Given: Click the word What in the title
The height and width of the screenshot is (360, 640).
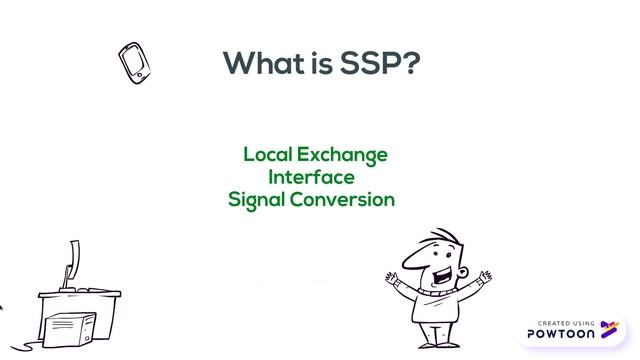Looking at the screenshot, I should (262, 62).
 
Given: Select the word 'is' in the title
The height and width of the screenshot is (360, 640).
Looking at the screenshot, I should (321, 62).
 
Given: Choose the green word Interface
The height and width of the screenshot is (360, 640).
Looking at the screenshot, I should (311, 177).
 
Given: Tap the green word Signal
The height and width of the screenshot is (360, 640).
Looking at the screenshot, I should (257, 199).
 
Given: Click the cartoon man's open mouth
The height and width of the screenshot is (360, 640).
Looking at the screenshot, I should (440, 272).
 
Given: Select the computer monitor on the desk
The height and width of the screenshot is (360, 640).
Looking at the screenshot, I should (72, 263).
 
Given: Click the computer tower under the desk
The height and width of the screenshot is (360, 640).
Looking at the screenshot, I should (71, 330).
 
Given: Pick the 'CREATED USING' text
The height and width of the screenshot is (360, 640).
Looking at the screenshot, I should (566, 323).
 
